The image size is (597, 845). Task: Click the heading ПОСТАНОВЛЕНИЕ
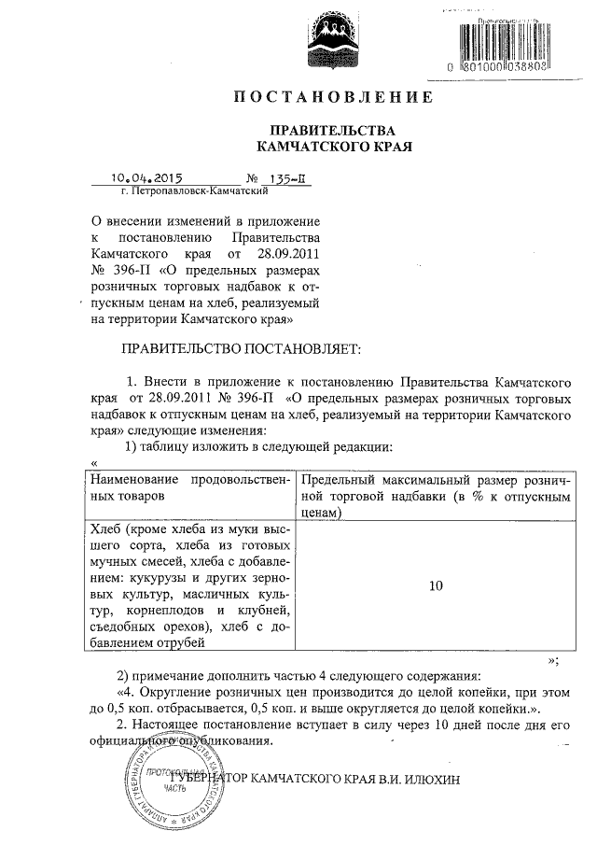pyautogui.click(x=332, y=97)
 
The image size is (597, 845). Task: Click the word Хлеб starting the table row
pyautogui.click(x=105, y=529)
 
